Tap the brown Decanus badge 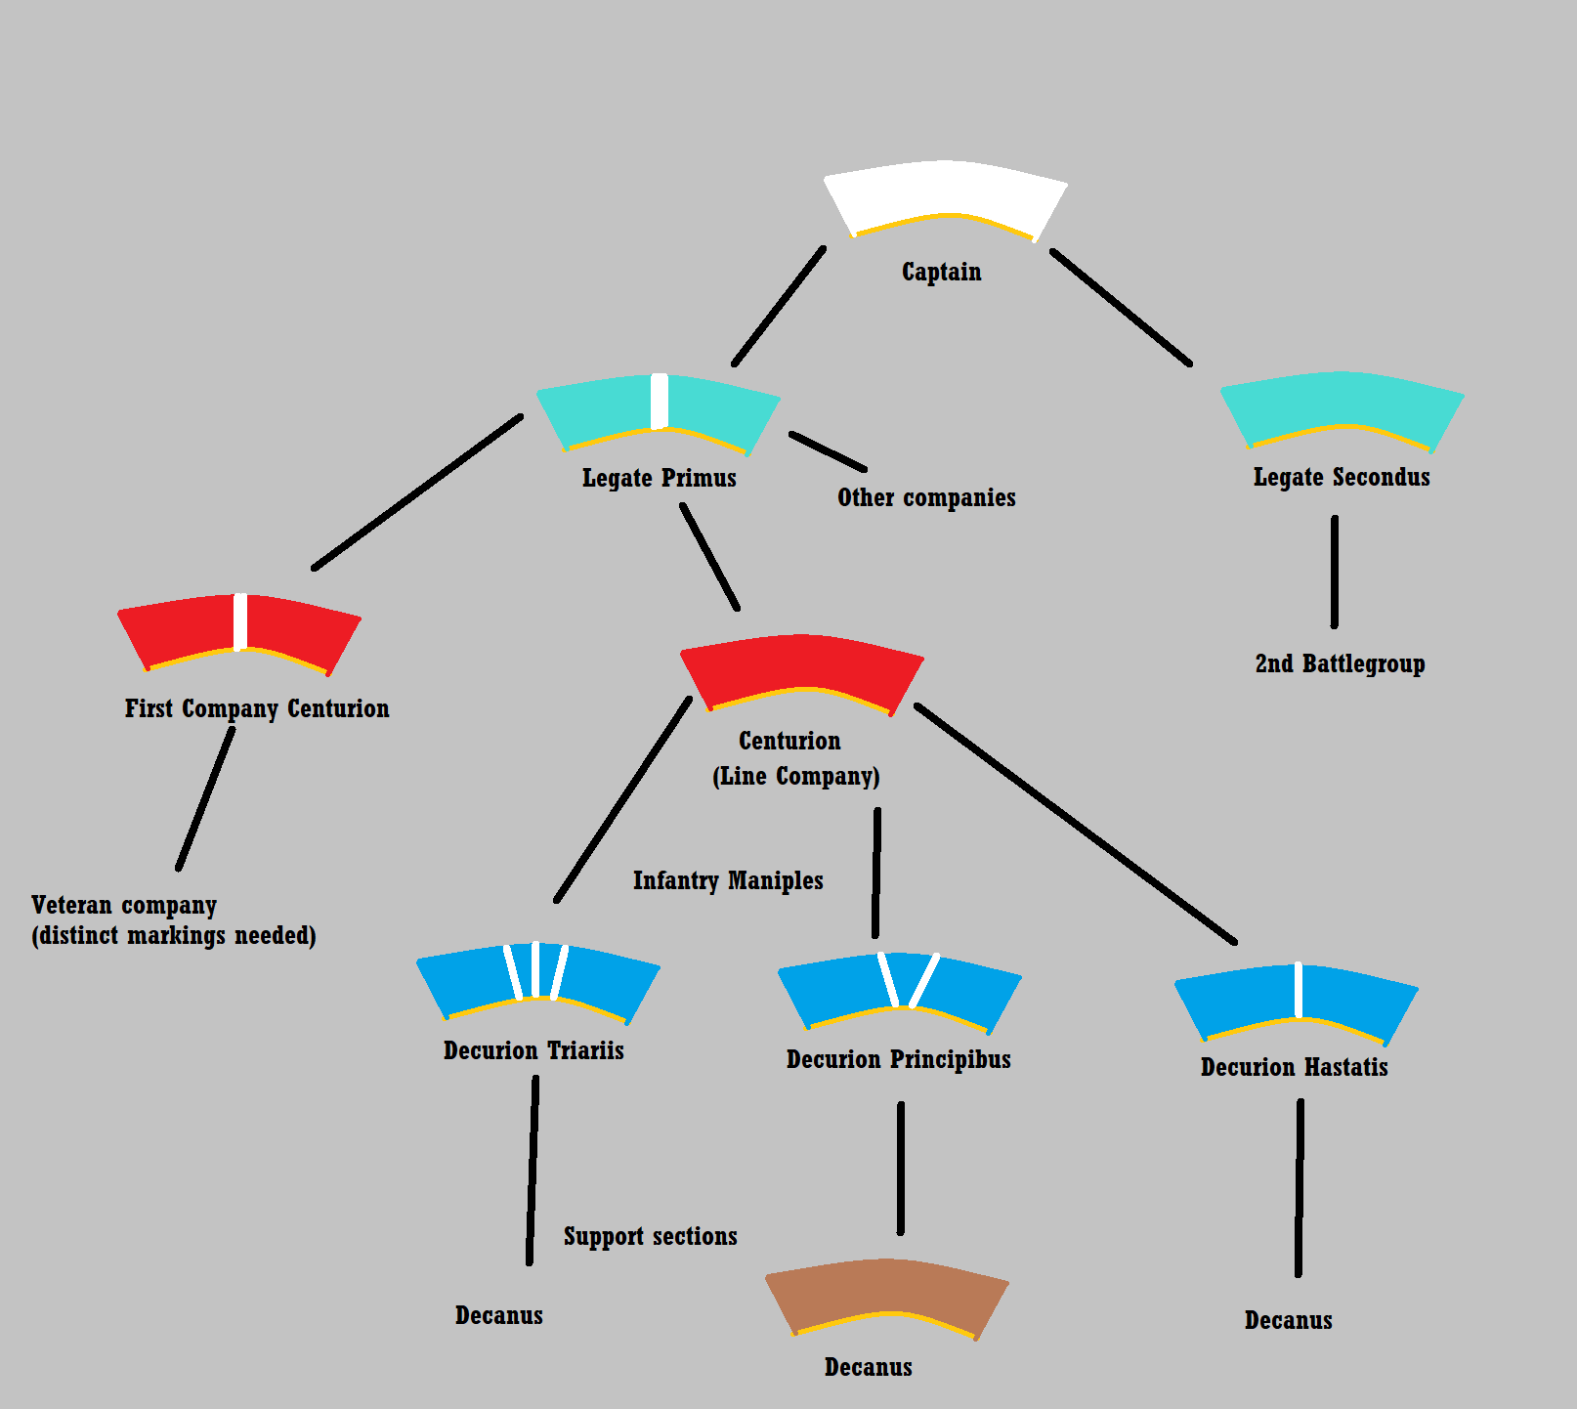pos(886,1292)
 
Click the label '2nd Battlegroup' pos(1340,664)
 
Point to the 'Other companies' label pos(926,497)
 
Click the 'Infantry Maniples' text pos(728,880)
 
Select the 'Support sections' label pos(650,1236)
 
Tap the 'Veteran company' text pos(124,905)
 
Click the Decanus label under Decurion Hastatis pos(1288,1320)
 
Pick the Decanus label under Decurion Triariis pos(498,1315)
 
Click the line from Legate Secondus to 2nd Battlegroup pos(1335,572)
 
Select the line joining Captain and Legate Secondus pos(1121,307)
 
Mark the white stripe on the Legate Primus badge pos(660,401)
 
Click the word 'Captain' pos(941,272)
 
